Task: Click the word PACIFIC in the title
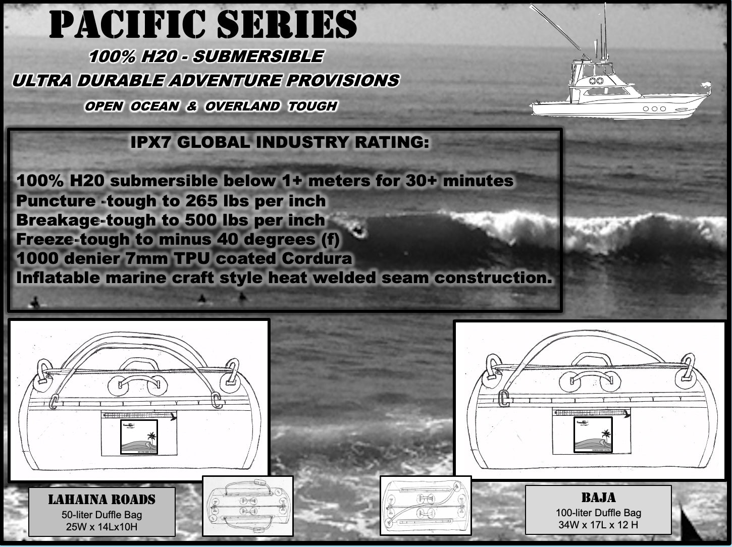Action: (x=127, y=24)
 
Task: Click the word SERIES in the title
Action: (x=287, y=24)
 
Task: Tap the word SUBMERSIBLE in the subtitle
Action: (x=258, y=56)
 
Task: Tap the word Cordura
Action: (x=317, y=258)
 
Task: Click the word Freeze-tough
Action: (x=73, y=239)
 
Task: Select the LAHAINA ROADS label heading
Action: (x=101, y=500)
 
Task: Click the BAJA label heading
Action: (x=598, y=498)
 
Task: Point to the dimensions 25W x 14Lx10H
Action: (x=101, y=527)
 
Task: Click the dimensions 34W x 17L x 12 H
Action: (x=598, y=525)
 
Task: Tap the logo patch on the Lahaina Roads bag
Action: (x=139, y=437)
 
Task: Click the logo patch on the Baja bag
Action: (x=593, y=434)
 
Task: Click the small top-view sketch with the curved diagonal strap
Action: (x=426, y=506)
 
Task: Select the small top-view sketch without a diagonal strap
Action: (x=248, y=506)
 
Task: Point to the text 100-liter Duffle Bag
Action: (x=598, y=513)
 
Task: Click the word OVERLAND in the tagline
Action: (x=242, y=106)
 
